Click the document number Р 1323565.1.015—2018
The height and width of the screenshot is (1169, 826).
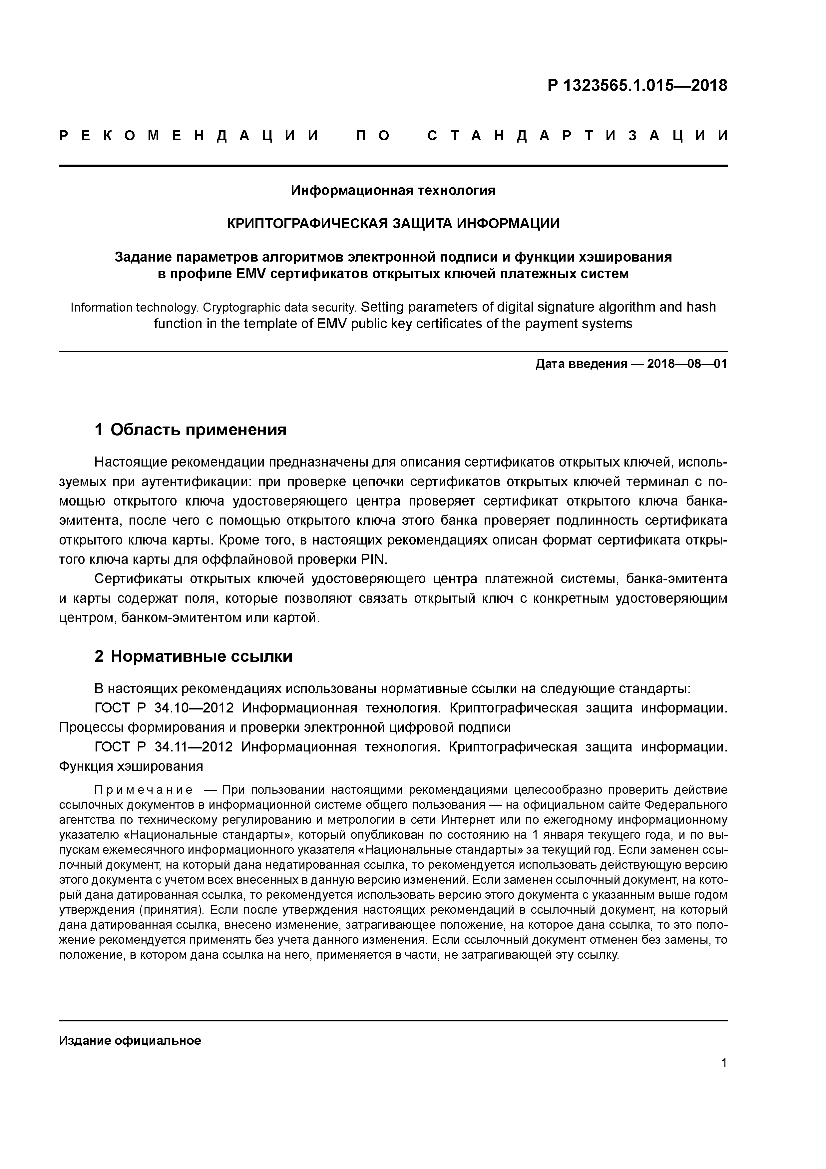click(x=637, y=86)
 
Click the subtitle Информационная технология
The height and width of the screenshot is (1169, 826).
click(x=393, y=190)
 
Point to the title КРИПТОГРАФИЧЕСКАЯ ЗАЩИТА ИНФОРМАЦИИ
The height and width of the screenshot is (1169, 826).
click(x=393, y=224)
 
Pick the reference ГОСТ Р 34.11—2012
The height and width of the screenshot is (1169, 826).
click(x=164, y=747)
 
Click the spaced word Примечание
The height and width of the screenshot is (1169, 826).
click(x=144, y=790)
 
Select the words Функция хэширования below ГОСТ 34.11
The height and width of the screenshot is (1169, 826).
click(x=131, y=766)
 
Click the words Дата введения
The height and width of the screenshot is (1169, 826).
click(x=581, y=364)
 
